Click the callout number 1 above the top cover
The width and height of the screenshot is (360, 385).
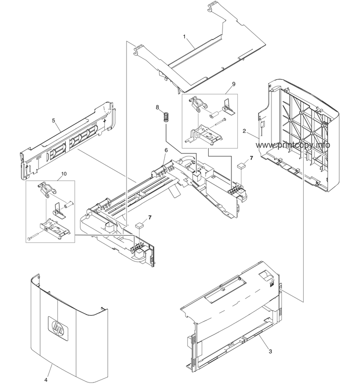click(x=184, y=37)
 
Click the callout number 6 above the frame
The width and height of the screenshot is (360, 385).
click(x=166, y=150)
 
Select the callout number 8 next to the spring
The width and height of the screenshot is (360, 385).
click(x=157, y=107)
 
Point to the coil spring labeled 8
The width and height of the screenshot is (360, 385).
click(x=167, y=117)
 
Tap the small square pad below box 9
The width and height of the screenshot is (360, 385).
click(x=241, y=166)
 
